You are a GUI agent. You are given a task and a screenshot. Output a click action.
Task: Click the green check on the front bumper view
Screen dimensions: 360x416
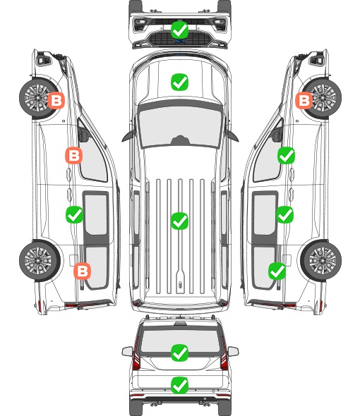click(179, 30)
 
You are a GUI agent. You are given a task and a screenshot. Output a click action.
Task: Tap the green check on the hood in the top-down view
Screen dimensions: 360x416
click(179, 82)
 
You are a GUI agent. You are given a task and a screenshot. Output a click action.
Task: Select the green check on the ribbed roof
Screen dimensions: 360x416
click(179, 221)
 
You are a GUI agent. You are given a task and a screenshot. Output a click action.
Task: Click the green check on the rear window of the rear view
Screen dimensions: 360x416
click(179, 353)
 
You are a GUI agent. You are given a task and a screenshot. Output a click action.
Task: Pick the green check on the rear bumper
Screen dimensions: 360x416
click(179, 385)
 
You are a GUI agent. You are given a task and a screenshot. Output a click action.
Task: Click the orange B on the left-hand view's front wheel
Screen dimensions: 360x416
click(56, 100)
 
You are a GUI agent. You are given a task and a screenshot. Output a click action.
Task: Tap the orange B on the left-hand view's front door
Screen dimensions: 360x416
click(73, 155)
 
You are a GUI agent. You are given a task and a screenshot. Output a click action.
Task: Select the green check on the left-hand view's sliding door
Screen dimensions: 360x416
click(74, 214)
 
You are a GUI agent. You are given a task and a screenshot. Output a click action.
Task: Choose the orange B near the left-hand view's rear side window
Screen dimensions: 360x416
click(82, 271)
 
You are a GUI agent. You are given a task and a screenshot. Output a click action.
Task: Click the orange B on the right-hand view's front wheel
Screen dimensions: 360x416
click(304, 100)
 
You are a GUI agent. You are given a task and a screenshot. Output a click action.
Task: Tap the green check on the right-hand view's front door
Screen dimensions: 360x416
click(286, 155)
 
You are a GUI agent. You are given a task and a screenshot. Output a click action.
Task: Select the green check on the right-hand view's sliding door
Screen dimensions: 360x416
click(284, 214)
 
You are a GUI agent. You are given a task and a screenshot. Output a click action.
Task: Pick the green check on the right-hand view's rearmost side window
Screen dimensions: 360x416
click(277, 271)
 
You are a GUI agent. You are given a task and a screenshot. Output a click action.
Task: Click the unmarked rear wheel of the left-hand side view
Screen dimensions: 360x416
click(39, 261)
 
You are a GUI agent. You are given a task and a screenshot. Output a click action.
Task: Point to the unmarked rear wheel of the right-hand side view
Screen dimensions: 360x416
click(322, 261)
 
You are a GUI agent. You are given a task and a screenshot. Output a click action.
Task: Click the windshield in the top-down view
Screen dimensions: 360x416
click(180, 126)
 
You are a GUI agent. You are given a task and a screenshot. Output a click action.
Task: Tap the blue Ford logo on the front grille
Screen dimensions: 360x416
click(180, 41)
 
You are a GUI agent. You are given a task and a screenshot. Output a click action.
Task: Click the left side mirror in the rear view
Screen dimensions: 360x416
click(128, 351)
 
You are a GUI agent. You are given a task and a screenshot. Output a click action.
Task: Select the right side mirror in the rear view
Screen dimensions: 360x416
click(233, 351)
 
